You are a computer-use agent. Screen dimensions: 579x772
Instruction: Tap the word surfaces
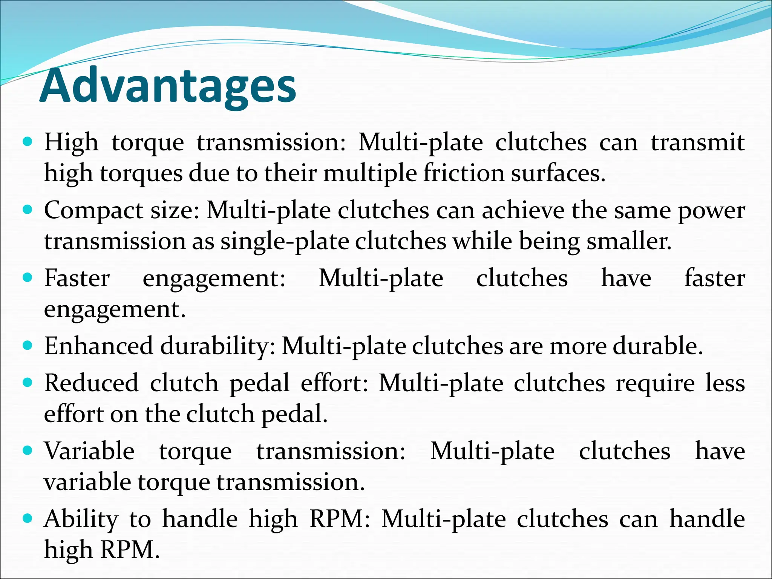[x=558, y=173]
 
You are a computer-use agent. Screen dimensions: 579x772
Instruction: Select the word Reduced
[x=91, y=383]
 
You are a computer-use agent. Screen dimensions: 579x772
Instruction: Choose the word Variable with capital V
[x=89, y=451]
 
